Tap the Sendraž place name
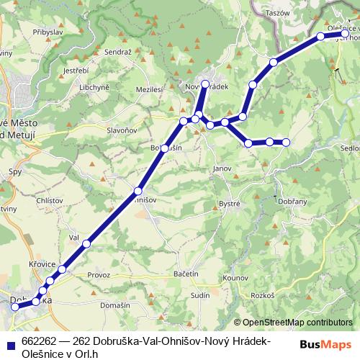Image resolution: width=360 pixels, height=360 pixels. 118,53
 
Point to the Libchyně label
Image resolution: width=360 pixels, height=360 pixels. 94,87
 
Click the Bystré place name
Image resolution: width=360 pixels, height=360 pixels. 230,204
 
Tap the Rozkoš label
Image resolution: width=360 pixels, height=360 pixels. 264,296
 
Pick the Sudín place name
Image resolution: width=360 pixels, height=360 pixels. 201,295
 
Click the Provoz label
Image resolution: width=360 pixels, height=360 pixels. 98,275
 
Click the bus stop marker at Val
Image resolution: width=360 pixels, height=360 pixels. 87,244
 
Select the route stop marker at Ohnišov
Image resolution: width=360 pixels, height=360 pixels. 138,191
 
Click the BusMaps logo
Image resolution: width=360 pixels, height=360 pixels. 326,344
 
